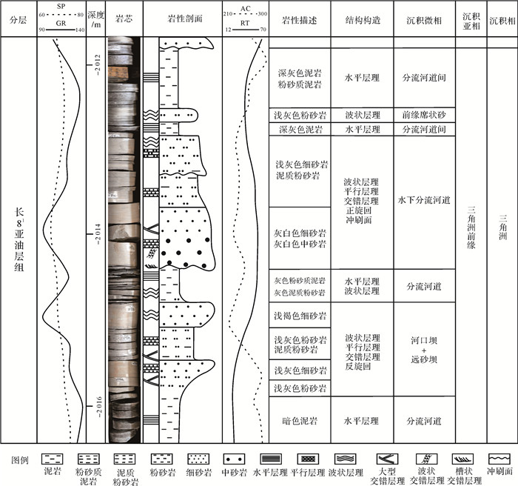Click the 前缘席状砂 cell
(x=423, y=116)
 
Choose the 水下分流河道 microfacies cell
(x=423, y=199)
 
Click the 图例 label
(x=21, y=460)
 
